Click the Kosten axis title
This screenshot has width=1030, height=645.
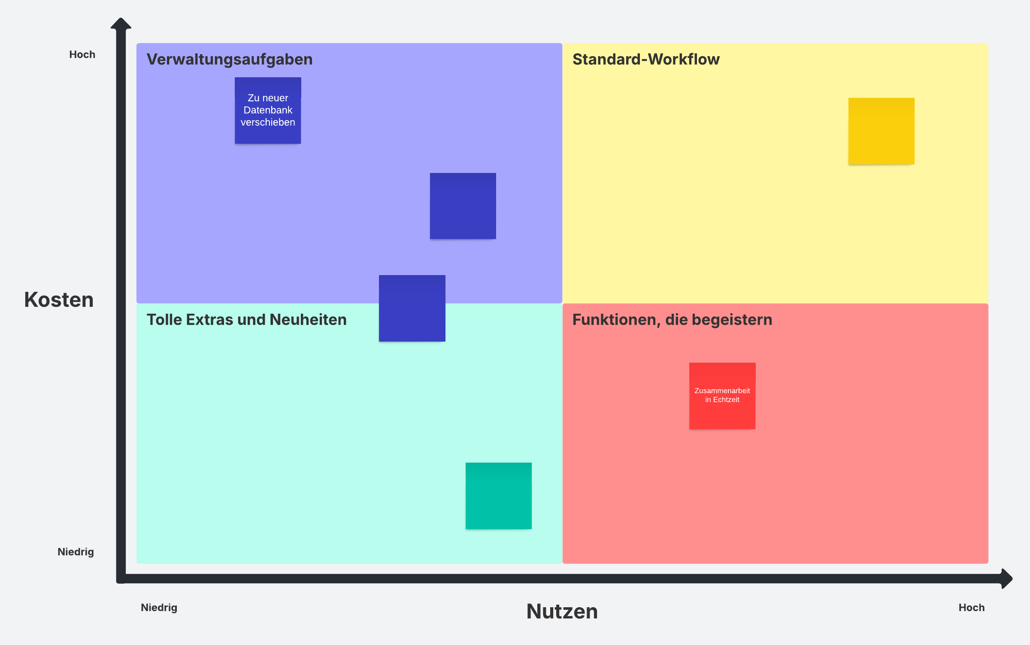[x=59, y=300]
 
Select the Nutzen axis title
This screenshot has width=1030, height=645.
[x=562, y=611]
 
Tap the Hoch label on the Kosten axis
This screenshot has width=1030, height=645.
[x=82, y=55]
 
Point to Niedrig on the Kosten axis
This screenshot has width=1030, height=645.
[x=76, y=552]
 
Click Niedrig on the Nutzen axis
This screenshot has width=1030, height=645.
[x=159, y=608]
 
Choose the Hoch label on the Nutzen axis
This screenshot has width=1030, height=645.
[x=972, y=608]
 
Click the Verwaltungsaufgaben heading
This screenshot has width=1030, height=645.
[x=230, y=59]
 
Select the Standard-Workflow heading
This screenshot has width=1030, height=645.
[x=646, y=59]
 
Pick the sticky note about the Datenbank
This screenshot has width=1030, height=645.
[x=268, y=110]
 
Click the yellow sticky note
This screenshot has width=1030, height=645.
[x=882, y=131]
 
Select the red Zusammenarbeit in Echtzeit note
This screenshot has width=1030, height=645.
[x=722, y=396]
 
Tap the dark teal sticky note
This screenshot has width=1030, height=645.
[x=499, y=496]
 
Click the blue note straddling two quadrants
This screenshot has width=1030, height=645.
[x=412, y=308]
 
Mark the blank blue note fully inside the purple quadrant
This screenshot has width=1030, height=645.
[x=463, y=206]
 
